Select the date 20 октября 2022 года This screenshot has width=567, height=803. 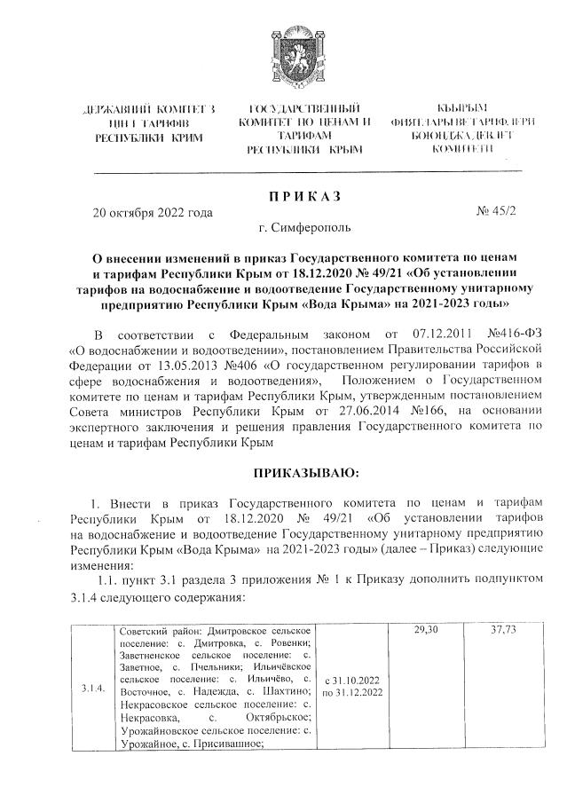pyautogui.click(x=153, y=214)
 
